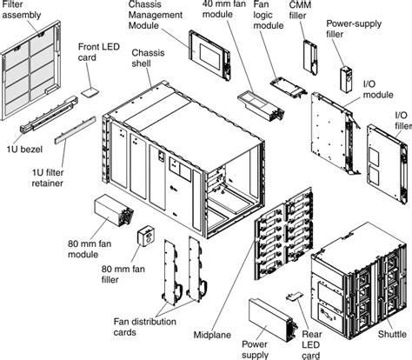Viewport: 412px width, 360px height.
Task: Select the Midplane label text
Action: [x=212, y=334]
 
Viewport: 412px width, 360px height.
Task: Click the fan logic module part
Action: [x=287, y=88]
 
